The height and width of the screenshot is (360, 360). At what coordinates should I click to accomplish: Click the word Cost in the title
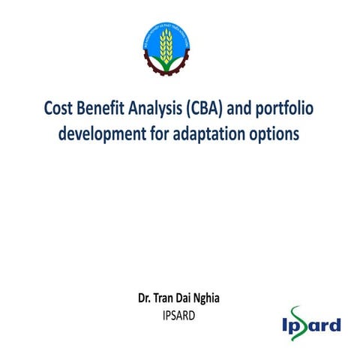point(61,109)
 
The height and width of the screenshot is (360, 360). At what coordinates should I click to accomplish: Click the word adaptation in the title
point(214,135)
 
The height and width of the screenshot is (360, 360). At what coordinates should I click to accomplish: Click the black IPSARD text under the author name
point(178,315)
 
